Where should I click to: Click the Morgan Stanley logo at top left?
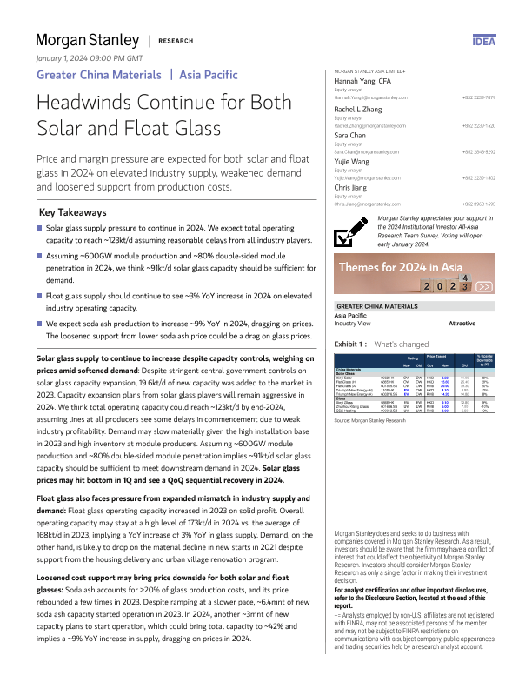click(87, 41)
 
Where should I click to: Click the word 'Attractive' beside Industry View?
click(462, 323)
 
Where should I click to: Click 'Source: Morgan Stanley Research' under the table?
click(370, 419)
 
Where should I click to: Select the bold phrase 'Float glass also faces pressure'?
click(96, 498)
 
